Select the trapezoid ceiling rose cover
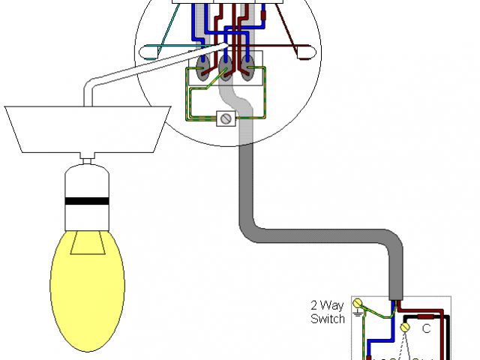tap(84, 127)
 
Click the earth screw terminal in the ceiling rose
tap(223, 118)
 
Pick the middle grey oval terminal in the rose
tap(226, 72)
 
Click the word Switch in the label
tap(328, 319)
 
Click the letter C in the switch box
tap(425, 328)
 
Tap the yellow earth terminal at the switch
tap(358, 304)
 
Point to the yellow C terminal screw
tap(405, 327)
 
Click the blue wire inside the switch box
tap(370, 345)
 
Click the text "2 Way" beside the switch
tap(327, 306)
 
